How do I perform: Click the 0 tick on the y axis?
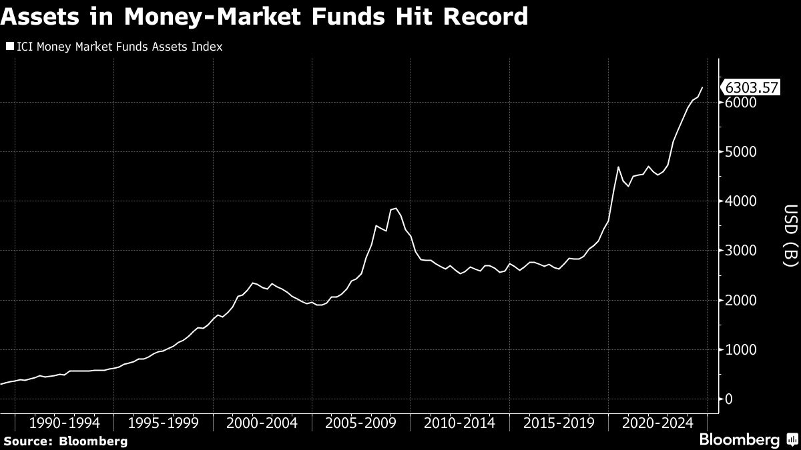[x=729, y=399]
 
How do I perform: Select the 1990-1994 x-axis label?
[x=65, y=423]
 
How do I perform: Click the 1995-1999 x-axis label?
[x=164, y=423]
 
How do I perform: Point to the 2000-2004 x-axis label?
[x=263, y=423]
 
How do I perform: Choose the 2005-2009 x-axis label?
[x=361, y=423]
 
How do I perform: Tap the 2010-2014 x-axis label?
[x=460, y=423]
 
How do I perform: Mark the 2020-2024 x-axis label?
[x=657, y=423]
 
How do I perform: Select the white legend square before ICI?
[x=9, y=47]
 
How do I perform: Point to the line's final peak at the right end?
[x=702, y=87]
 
